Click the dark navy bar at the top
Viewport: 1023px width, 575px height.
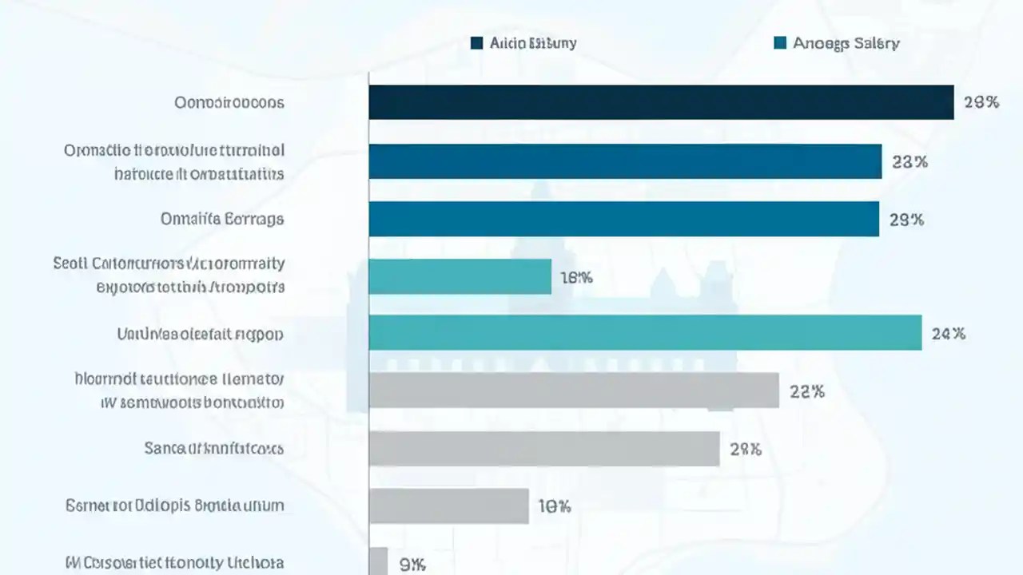pyautogui.click(x=661, y=102)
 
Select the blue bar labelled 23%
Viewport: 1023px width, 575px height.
pyautogui.click(x=625, y=161)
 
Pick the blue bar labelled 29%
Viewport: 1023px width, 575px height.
pyautogui.click(x=623, y=219)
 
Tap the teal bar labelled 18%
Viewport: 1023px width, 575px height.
pyautogui.click(x=460, y=276)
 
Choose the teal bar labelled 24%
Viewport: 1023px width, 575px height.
pyautogui.click(x=645, y=332)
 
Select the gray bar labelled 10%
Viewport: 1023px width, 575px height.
pyautogui.click(x=448, y=506)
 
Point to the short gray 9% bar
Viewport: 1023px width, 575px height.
pyautogui.click(x=378, y=561)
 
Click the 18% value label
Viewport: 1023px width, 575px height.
pyautogui.click(x=575, y=278)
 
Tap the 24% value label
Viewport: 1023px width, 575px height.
pyautogui.click(x=949, y=334)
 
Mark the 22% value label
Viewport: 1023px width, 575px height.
pyautogui.click(x=806, y=391)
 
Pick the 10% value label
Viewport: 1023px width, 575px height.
pyautogui.click(x=554, y=506)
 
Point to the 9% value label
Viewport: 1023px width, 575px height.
pyautogui.click(x=412, y=565)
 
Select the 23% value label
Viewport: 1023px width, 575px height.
pyautogui.click(x=910, y=161)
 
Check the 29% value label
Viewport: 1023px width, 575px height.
pyautogui.click(x=906, y=220)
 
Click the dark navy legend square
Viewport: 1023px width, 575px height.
pyautogui.click(x=477, y=43)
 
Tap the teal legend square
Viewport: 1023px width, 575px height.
pyautogui.click(x=780, y=43)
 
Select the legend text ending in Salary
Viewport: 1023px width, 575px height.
pyautogui.click(x=846, y=43)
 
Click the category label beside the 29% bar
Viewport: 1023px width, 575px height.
pyautogui.click(x=222, y=219)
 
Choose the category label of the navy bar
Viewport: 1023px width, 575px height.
pyautogui.click(x=229, y=103)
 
